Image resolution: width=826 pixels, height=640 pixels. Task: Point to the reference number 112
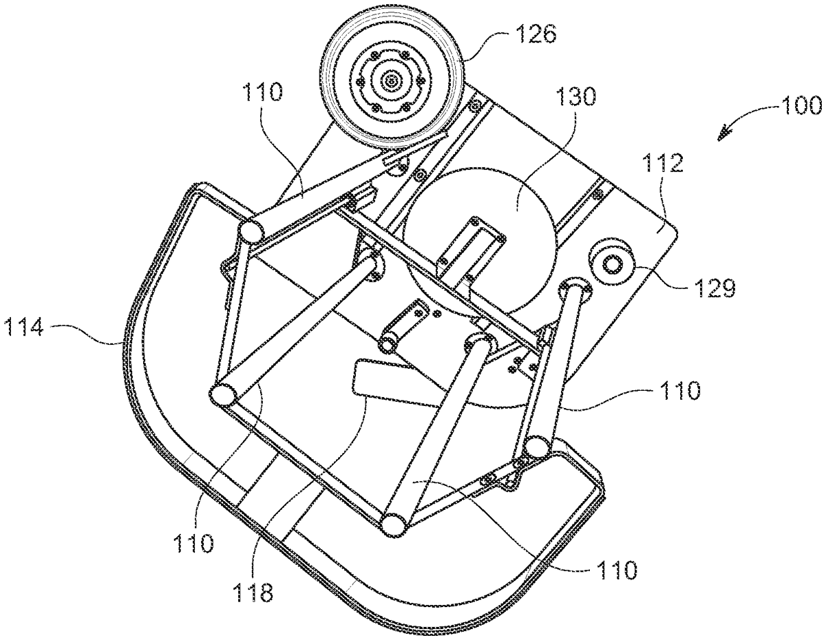pyautogui.click(x=663, y=162)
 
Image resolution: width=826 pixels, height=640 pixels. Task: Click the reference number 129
pyautogui.click(x=714, y=288)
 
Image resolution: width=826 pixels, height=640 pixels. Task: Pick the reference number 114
pyautogui.click(x=23, y=327)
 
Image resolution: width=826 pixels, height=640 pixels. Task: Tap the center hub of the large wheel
pyautogui.click(x=391, y=81)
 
